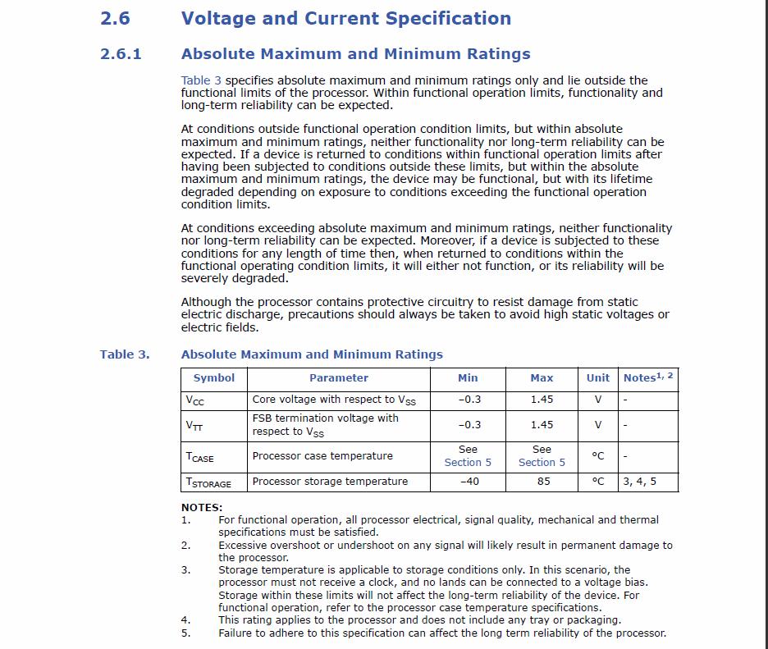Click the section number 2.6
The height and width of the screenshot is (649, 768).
click(115, 18)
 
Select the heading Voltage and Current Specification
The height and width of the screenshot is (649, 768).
click(345, 18)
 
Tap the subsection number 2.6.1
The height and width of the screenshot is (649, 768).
click(121, 54)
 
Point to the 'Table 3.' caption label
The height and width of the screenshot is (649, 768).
click(125, 354)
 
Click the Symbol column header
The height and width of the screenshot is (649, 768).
click(213, 378)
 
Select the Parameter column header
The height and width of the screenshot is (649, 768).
click(338, 378)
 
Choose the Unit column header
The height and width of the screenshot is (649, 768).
click(597, 378)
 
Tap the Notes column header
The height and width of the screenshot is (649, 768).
click(647, 377)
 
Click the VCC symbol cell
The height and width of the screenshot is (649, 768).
click(195, 400)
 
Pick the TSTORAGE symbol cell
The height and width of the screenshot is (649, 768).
click(208, 482)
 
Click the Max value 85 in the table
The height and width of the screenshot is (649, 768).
click(543, 482)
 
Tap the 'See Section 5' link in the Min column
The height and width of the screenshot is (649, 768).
click(468, 456)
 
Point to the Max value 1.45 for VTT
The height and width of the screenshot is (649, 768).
click(542, 425)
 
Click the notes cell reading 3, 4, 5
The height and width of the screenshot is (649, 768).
click(640, 482)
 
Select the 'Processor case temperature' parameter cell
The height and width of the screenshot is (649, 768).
click(322, 456)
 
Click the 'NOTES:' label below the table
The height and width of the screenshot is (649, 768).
click(202, 508)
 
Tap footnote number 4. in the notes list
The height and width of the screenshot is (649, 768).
click(185, 620)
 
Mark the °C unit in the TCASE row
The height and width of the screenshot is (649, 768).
click(597, 456)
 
